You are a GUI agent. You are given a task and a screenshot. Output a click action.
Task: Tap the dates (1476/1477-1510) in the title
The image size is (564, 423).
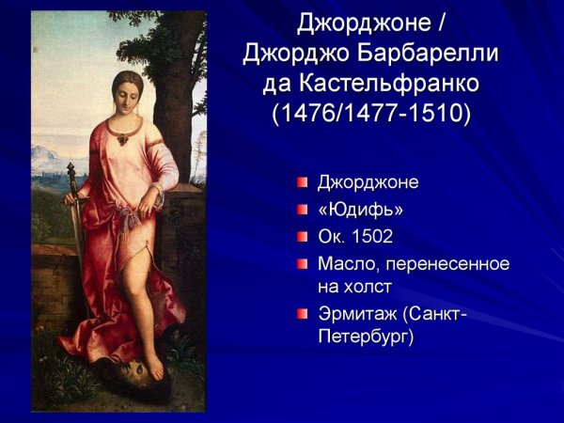370,114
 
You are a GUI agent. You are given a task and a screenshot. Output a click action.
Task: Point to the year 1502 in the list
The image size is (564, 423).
374,236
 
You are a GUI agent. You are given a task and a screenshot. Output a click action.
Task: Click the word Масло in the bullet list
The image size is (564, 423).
348,263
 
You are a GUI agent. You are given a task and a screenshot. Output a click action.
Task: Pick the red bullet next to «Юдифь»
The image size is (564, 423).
302,208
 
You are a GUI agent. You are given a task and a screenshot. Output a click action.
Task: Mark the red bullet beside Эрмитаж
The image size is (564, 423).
302,313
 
